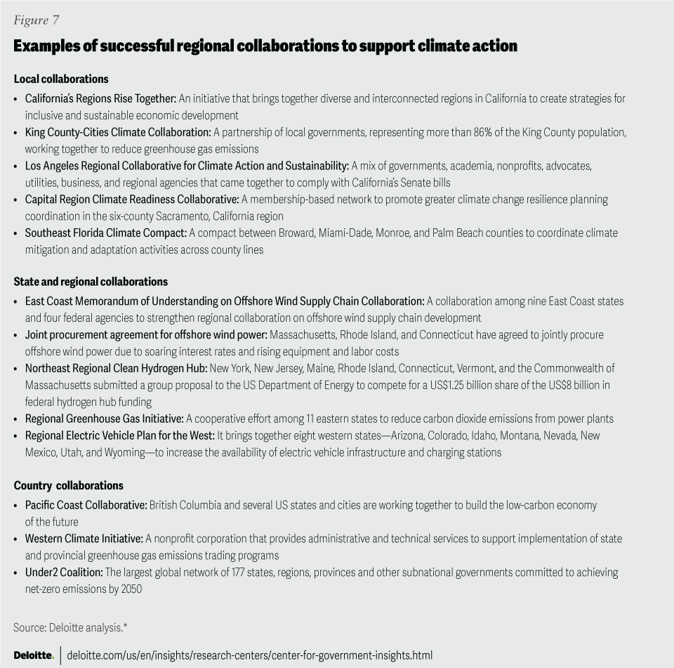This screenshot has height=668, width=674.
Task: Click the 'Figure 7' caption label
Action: coord(36,20)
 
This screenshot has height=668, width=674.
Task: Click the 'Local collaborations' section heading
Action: coord(61,79)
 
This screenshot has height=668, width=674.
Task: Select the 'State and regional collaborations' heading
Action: coord(91,282)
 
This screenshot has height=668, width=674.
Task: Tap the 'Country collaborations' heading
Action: coord(68,485)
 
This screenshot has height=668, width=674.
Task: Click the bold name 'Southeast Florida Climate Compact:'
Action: coord(105,233)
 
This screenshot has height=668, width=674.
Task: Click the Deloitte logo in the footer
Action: coord(33,655)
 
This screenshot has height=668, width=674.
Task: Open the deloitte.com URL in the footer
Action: coord(249,655)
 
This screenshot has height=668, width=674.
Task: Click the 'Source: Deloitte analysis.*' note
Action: coord(70,627)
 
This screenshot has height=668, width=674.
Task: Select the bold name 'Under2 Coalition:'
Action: coord(64,572)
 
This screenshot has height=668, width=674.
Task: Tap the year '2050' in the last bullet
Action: coord(130,589)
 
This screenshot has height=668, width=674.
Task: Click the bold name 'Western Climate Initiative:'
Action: coord(84,539)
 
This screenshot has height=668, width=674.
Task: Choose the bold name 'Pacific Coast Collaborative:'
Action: coord(86,505)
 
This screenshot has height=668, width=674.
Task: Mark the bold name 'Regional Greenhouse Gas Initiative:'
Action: coord(104,419)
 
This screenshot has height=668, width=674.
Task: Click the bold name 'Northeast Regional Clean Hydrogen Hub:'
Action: coord(116,368)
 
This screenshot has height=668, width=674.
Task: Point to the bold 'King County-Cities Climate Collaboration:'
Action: coord(118,132)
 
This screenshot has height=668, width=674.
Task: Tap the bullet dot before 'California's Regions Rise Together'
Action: coord(16,99)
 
